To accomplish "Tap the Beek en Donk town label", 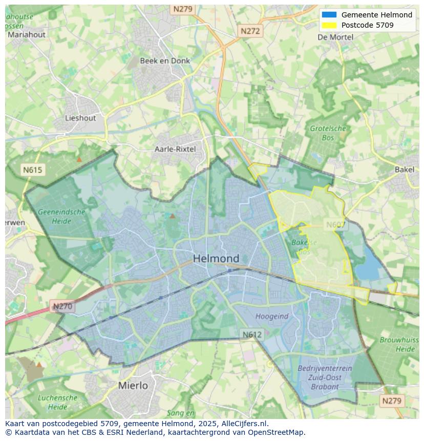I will (165, 60).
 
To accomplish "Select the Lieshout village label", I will (80, 118).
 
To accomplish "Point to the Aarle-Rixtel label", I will (175, 149).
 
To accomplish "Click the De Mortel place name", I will (335, 37).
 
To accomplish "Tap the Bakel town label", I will (404, 170).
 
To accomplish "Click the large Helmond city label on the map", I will (216, 259).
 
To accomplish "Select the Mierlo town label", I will (133, 385).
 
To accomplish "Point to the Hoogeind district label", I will (272, 317).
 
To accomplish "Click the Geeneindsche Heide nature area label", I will (61, 216).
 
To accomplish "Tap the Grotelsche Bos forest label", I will (328, 133).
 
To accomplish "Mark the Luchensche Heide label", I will (57, 402).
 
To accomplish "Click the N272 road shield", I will (250, 31).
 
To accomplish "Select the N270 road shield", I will (63, 307).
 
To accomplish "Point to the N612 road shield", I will (252, 334).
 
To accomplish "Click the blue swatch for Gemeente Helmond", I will (329, 15).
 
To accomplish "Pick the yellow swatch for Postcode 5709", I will (329, 25).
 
